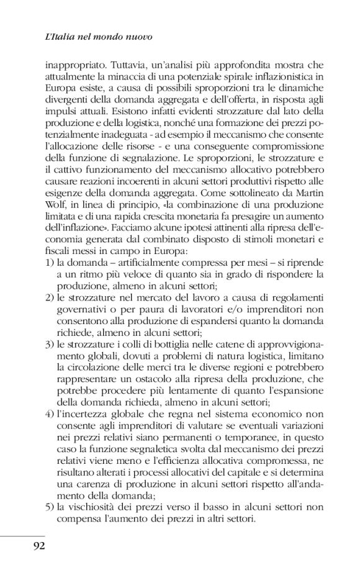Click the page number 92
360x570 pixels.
click(x=32, y=546)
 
